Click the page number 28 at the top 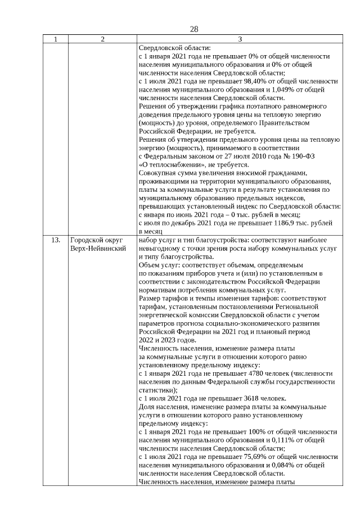(194, 29)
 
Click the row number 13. (56, 240)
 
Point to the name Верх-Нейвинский (98, 248)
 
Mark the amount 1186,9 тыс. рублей (307, 223)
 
